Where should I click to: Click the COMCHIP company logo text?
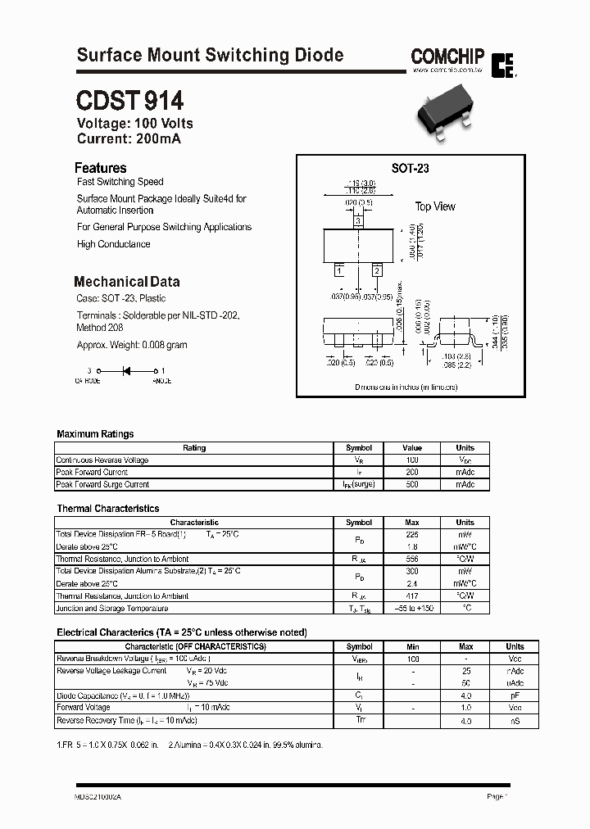coord(447,57)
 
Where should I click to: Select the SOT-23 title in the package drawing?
coord(410,168)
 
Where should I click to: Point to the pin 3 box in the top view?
coord(357,221)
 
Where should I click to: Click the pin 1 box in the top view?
coord(339,270)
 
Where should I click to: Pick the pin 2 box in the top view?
coord(376,270)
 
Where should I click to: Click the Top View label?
coord(434,206)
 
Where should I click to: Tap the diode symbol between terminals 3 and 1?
coord(127,371)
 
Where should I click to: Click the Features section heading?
coord(100,167)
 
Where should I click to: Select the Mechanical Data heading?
coord(126,281)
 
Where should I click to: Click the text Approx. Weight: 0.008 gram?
coord(132,345)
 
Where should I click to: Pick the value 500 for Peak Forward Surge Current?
coord(412,484)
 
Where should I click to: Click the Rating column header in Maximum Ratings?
coord(194,448)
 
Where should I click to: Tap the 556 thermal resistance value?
coord(412,559)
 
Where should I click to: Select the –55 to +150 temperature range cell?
coord(412,609)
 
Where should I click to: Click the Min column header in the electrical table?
coord(412,646)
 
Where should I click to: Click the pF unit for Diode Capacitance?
coord(515,695)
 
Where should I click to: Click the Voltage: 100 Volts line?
coord(134,124)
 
